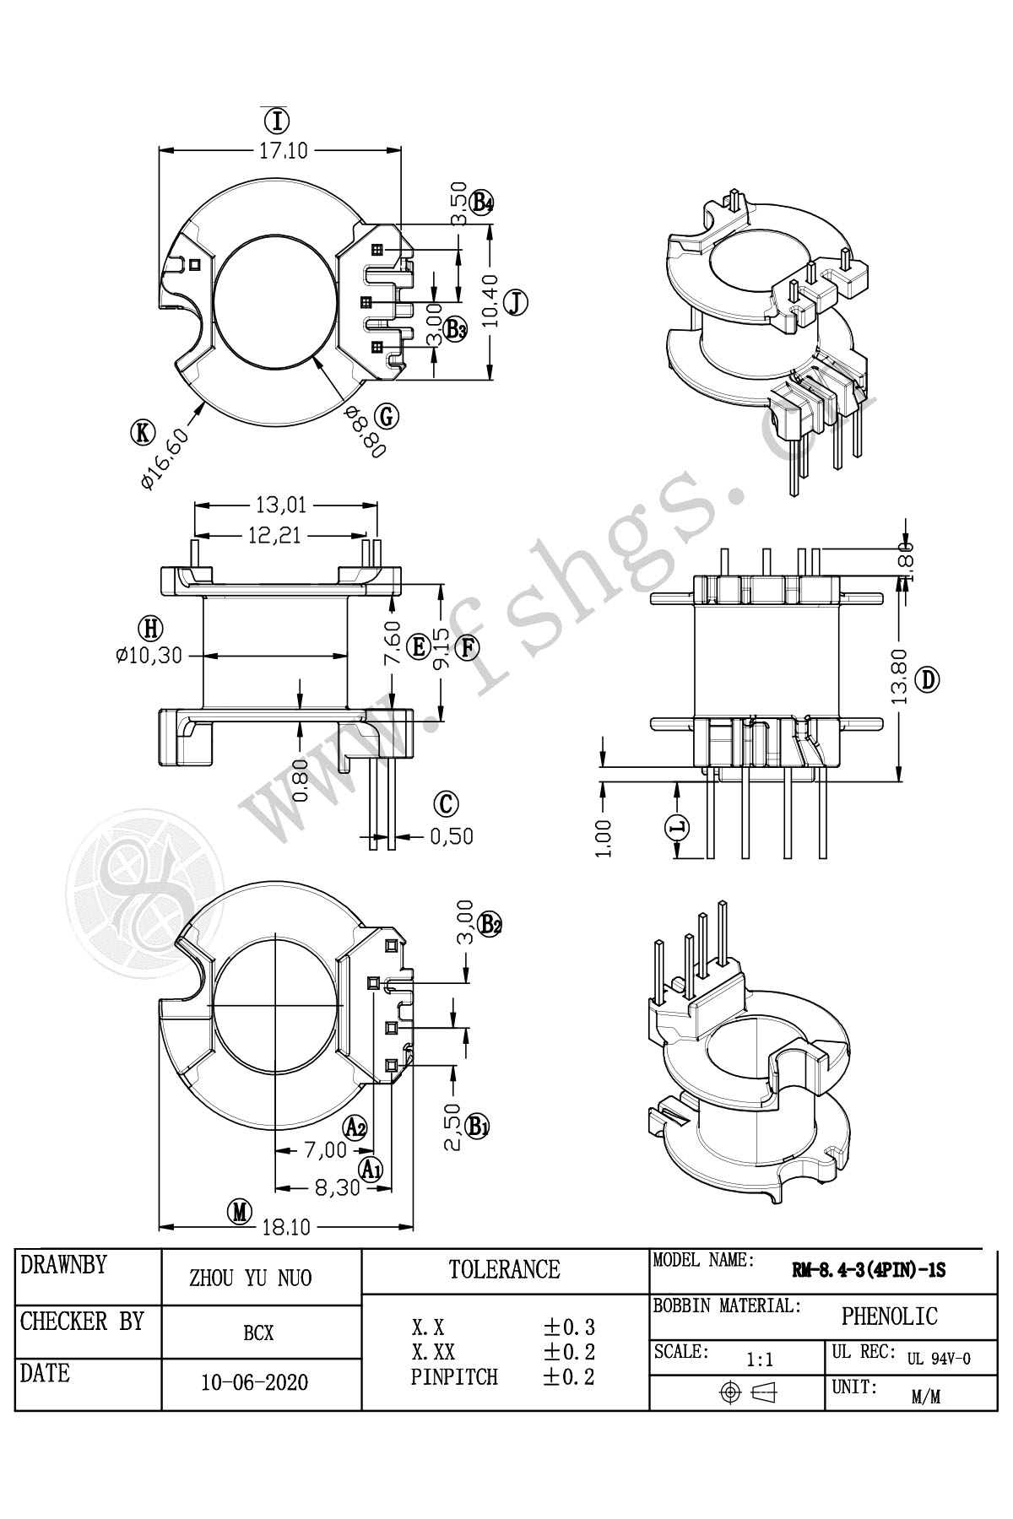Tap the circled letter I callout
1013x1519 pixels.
[277, 121]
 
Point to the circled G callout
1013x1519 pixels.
[387, 416]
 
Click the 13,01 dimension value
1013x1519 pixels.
[281, 505]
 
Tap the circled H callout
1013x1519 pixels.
[150, 629]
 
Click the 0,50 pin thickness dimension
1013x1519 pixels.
[451, 836]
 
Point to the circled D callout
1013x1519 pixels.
[928, 679]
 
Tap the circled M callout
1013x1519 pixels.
[241, 1212]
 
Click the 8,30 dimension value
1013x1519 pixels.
[337, 1187]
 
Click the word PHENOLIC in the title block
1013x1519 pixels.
[889, 1316]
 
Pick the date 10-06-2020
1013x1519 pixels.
[255, 1383]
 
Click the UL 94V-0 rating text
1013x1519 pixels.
[939, 1359]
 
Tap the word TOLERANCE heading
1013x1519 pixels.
[504, 1269]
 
